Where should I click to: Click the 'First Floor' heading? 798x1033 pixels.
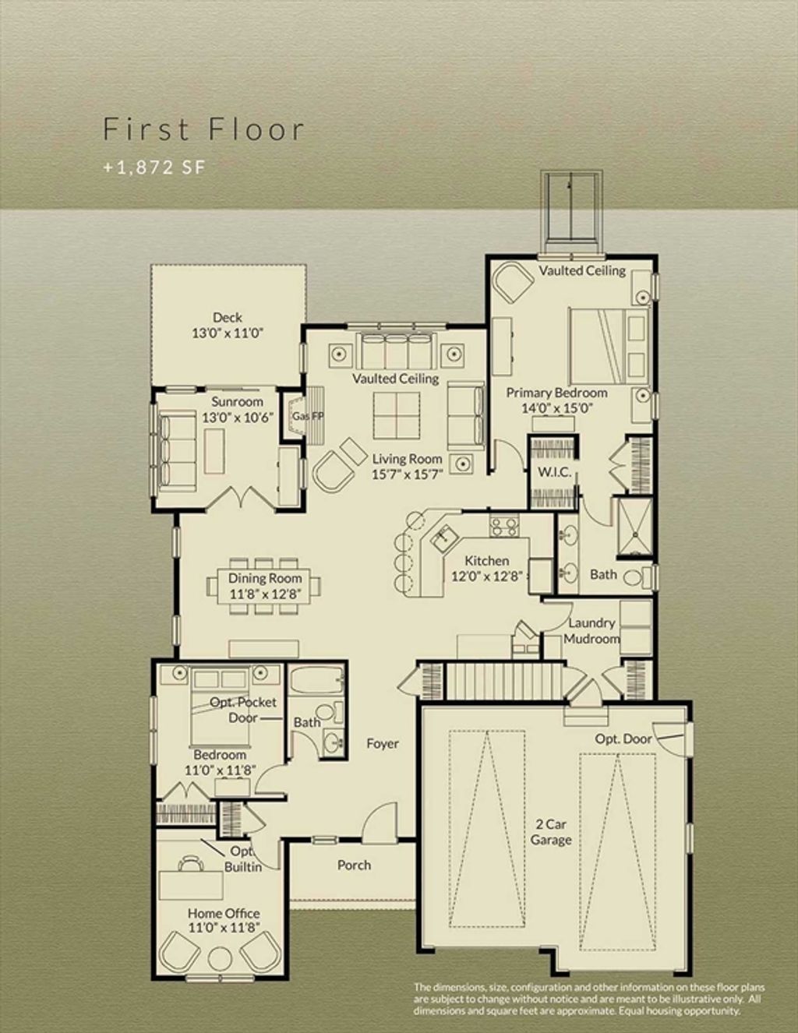tap(203, 129)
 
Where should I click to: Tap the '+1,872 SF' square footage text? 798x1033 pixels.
tap(154, 167)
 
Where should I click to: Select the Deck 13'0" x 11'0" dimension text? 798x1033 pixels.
tap(228, 333)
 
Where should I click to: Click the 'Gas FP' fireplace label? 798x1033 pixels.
tap(308, 416)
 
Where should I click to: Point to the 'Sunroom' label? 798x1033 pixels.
tap(237, 402)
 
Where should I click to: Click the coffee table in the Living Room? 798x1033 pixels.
tap(397, 416)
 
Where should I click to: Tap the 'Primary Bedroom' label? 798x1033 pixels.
tap(556, 393)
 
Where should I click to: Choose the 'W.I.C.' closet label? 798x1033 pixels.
tap(554, 472)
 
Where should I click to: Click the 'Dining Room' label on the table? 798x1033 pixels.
tap(265, 578)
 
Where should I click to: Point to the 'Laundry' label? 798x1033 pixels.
tap(591, 622)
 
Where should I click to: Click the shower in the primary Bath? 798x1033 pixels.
tap(634, 527)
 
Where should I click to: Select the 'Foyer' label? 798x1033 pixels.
tap(383, 743)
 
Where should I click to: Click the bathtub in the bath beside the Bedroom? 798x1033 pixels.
tap(317, 681)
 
